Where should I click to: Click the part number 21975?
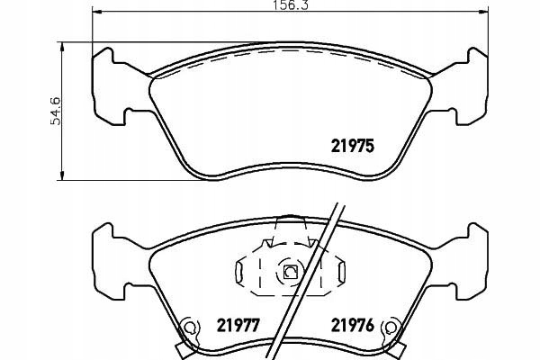pos(352,146)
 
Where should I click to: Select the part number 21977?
pos(238,325)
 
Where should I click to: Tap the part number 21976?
pos(352,325)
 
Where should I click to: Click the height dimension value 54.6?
pos(55,111)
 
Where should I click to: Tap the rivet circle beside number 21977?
pos(188,328)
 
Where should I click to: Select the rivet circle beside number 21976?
pos(391,328)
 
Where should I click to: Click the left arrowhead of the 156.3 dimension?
pos(96,12)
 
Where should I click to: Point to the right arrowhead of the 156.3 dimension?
pos(484,12)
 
